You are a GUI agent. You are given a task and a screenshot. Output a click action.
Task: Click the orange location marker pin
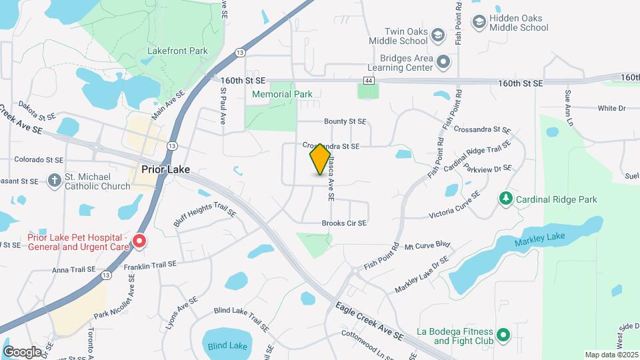(321, 159)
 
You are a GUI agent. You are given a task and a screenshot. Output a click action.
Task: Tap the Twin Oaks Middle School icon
(438, 35)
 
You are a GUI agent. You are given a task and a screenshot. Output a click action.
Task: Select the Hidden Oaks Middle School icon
(479, 23)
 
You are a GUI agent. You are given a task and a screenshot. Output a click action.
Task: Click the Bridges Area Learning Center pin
(444, 63)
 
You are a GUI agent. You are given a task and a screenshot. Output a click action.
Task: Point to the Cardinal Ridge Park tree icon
(506, 199)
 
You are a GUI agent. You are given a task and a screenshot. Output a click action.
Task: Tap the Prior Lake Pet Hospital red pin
(139, 241)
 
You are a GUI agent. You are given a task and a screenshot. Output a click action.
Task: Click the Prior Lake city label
(166, 169)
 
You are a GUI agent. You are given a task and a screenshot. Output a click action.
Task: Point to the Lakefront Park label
(177, 51)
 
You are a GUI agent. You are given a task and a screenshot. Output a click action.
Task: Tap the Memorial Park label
(282, 94)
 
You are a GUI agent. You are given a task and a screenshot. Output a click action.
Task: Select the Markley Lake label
(539, 237)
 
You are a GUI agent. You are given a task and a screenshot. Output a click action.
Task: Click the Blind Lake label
(227, 346)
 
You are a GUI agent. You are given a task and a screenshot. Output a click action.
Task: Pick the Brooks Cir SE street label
(344, 223)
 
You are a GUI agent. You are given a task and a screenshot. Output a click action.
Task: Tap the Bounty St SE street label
(345, 121)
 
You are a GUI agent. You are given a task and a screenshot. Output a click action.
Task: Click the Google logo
(21, 351)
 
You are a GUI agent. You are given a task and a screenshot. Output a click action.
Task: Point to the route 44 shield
(369, 81)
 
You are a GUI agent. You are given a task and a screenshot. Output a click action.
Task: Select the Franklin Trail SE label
(150, 265)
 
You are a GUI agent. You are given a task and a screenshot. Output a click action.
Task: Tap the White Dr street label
(611, 108)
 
